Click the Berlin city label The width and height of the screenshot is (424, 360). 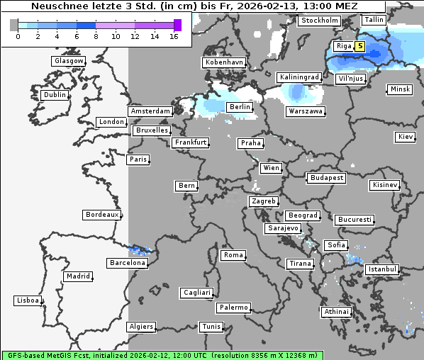point(240,107)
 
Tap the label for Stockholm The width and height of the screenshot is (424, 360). point(318,21)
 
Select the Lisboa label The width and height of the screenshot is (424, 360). point(28,300)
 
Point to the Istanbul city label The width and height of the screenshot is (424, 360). point(382,270)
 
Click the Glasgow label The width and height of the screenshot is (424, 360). point(69,61)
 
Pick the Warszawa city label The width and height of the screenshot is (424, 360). point(306,111)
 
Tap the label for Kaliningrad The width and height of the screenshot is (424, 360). point(299,77)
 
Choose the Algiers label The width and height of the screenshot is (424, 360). point(140,327)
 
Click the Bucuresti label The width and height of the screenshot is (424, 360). point(354,220)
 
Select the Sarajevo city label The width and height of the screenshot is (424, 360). point(283,228)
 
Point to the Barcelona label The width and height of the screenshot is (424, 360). point(128,263)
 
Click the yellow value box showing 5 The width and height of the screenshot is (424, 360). point(360,47)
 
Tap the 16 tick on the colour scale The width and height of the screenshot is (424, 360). point(174,36)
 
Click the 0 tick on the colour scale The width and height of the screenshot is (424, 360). point(18,36)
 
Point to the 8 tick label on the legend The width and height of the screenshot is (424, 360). point(95,36)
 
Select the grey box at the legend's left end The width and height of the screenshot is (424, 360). point(13,25)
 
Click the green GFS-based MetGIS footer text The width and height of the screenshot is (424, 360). point(162,354)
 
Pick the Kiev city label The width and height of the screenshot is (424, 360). point(406,136)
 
